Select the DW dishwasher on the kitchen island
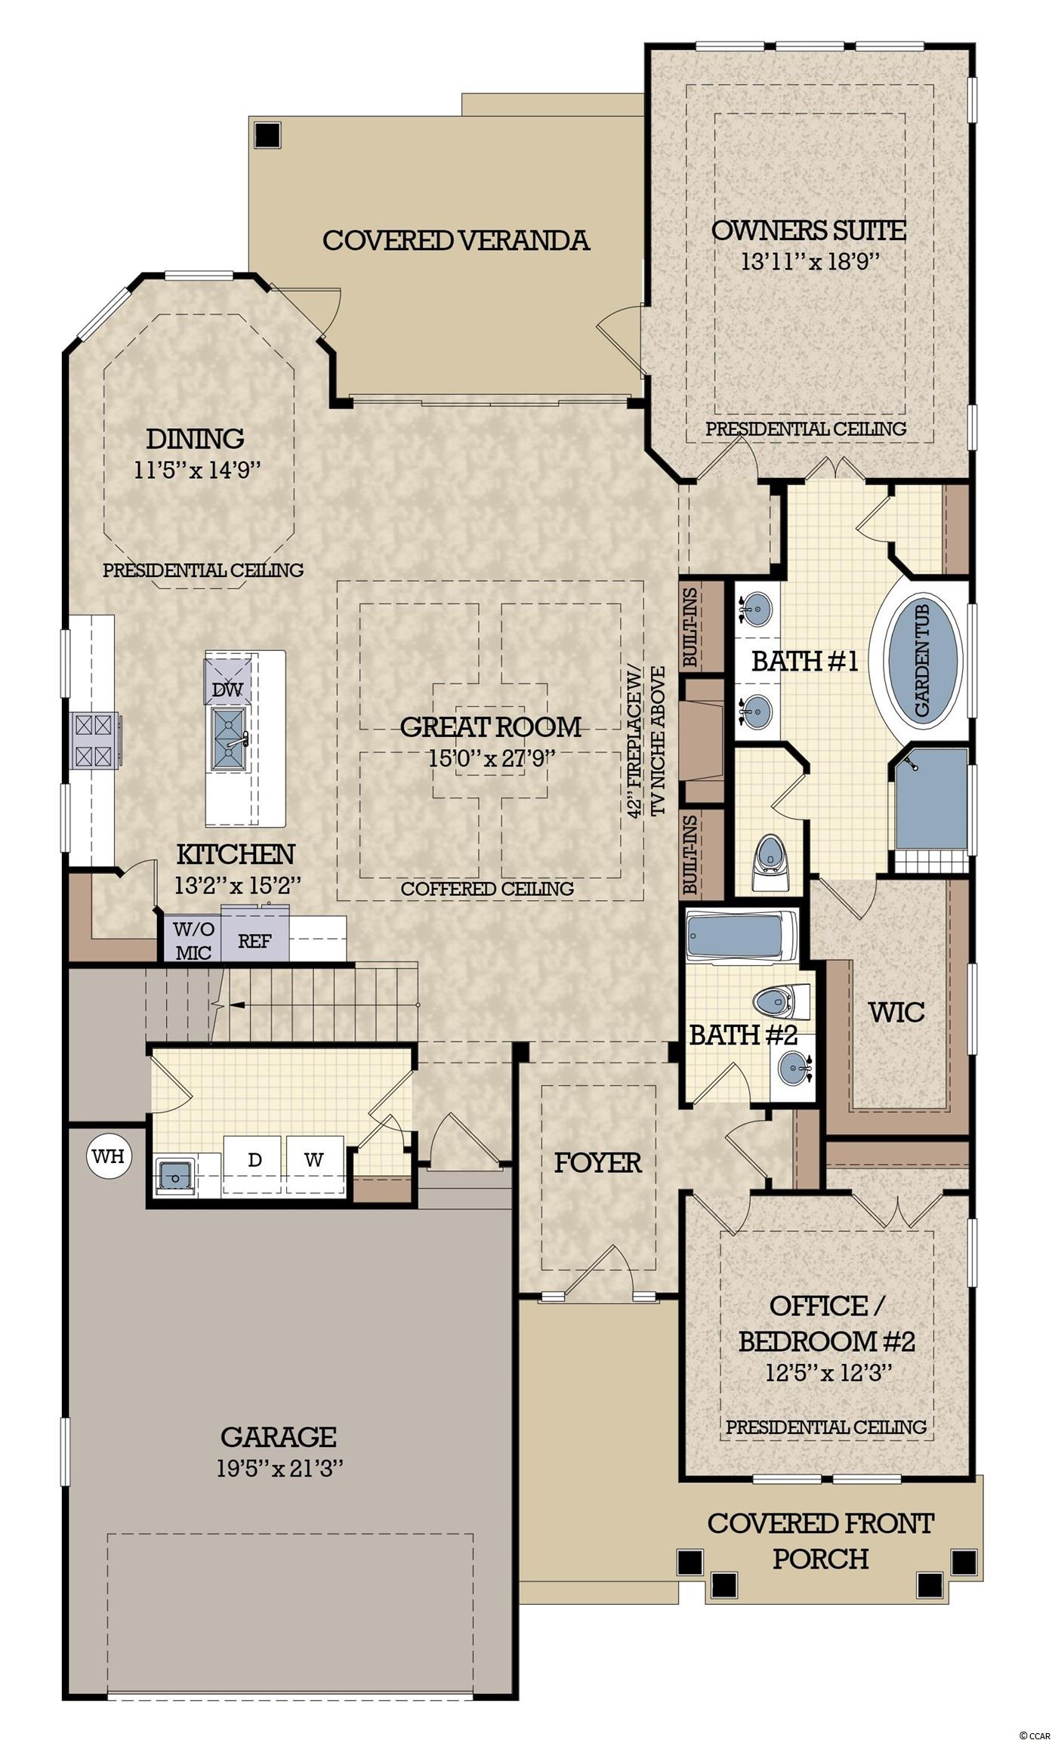tap(227, 680)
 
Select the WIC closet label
tap(896, 1012)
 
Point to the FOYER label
tap(598, 1162)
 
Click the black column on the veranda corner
tap(267, 134)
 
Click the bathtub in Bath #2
tap(741, 936)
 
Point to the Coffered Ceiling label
tap(487, 888)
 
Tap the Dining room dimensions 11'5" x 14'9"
tap(197, 470)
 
